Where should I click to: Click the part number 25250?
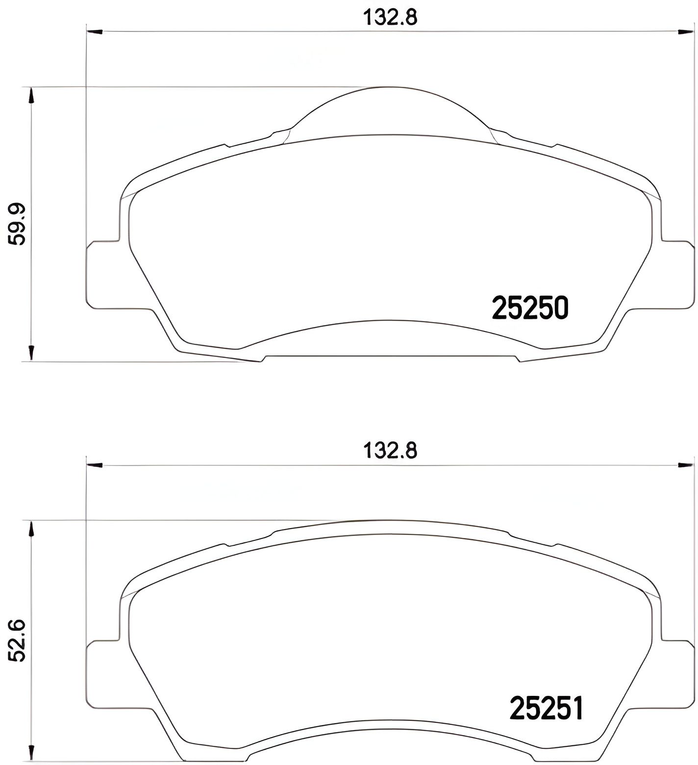click(530, 308)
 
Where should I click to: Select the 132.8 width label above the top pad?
click(390, 18)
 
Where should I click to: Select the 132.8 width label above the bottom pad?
click(390, 450)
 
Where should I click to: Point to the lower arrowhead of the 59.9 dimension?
click(31, 354)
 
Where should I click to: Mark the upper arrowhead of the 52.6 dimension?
click(31, 529)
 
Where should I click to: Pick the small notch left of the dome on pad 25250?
click(226, 145)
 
